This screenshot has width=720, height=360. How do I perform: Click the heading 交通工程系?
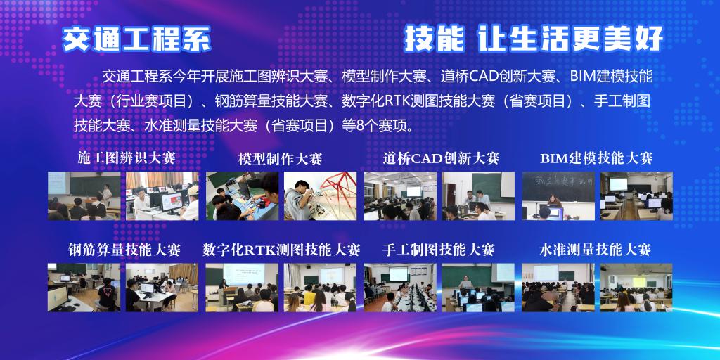pyautogui.click(x=136, y=39)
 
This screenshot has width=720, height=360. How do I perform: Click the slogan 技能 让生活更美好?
pyautogui.click(x=534, y=39)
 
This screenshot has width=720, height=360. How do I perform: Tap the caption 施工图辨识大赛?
pyautogui.click(x=127, y=158)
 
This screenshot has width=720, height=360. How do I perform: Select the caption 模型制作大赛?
pyautogui.click(x=281, y=159)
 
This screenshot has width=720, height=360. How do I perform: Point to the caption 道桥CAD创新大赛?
pyautogui.click(x=442, y=158)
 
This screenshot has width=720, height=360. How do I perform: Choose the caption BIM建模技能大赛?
pyautogui.click(x=596, y=158)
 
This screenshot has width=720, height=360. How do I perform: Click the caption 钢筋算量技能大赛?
pyautogui.click(x=124, y=250)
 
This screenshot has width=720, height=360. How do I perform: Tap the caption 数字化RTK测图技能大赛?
pyautogui.click(x=281, y=250)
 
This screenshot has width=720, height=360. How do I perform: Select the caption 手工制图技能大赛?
pyautogui.click(x=439, y=250)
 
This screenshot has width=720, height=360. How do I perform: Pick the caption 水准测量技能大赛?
pyautogui.click(x=595, y=250)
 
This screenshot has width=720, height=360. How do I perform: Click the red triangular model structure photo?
pyautogui.click(x=320, y=196)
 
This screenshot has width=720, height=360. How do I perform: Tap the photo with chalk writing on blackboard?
pyautogui.click(x=558, y=196)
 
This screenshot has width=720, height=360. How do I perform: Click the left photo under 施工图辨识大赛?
pyautogui.click(x=84, y=196)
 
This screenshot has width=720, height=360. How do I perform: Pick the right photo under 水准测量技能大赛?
pyautogui.click(x=636, y=288)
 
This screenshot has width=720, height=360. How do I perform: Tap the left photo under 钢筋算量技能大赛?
pyautogui.click(x=84, y=288)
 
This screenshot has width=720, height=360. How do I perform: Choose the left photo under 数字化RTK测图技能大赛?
pyautogui.click(x=242, y=288)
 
